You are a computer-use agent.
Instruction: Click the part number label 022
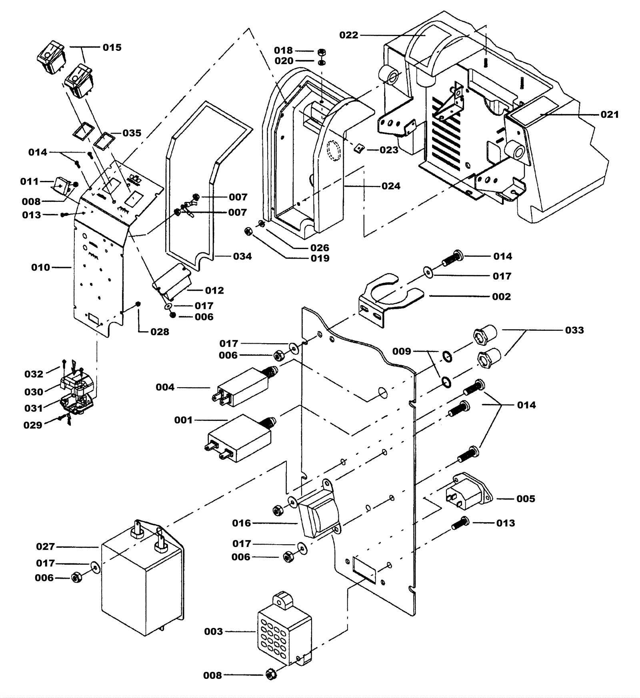tap(348, 35)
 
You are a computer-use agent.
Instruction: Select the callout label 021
tap(610, 115)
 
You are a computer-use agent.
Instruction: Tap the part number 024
tap(391, 186)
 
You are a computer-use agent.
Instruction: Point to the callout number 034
tap(242, 256)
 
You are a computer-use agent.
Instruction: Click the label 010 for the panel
tap(40, 268)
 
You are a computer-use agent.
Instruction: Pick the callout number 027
tap(45, 547)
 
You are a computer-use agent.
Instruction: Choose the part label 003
tap(213, 632)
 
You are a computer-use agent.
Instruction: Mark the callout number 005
tap(526, 499)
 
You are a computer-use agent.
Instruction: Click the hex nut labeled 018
tap(322, 52)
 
